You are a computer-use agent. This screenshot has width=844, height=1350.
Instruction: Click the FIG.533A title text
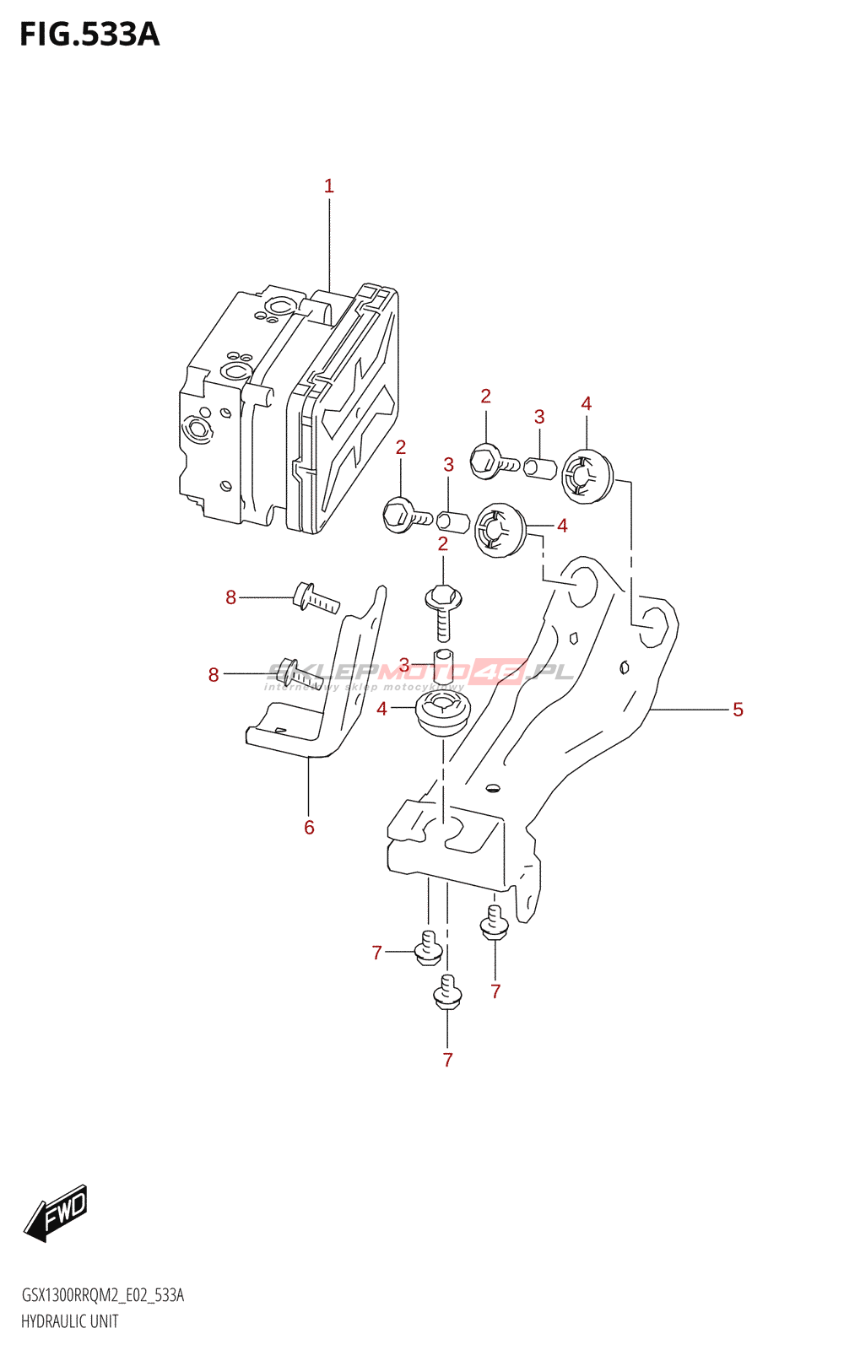[x=89, y=35]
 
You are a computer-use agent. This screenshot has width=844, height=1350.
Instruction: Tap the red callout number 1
[x=329, y=186]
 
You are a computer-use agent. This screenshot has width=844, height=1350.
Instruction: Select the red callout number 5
[x=738, y=710]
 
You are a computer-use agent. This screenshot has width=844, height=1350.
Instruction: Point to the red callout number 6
[x=309, y=828]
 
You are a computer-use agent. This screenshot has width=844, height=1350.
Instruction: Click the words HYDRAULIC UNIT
[x=69, y=1321]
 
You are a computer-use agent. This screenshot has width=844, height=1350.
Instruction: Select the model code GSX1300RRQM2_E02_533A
[x=102, y=1295]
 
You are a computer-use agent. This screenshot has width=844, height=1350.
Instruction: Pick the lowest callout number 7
[x=447, y=1060]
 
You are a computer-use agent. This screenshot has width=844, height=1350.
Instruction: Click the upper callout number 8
[x=230, y=597]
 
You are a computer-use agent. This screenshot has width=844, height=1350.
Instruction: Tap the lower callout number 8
[x=214, y=675]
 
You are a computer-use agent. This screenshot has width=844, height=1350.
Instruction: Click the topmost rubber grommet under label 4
[x=587, y=477]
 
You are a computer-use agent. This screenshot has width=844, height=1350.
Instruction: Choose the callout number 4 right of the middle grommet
[x=562, y=526]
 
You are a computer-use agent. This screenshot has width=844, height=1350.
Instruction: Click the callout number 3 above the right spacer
[x=539, y=417]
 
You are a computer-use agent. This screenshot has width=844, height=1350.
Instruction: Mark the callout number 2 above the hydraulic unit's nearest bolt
[x=401, y=447]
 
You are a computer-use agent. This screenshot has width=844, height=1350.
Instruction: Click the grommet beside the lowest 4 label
[x=441, y=714]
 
